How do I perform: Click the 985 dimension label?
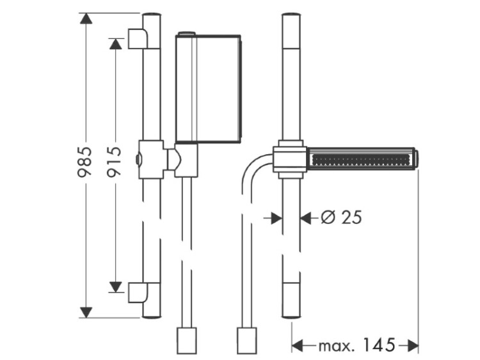click(84, 162)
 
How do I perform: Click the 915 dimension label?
click(114, 162)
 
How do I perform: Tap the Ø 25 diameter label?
click(341, 217)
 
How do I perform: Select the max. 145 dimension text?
click(357, 345)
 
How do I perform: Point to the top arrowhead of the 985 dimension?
click(86, 19)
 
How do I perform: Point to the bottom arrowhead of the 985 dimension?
click(86, 312)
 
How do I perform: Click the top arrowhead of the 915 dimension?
click(115, 43)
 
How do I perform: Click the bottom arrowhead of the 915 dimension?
click(115, 287)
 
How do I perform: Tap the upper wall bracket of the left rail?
click(138, 38)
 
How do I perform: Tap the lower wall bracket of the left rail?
click(138, 292)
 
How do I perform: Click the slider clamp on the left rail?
click(151, 159)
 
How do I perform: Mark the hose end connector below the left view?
click(187, 341)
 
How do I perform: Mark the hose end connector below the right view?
click(247, 341)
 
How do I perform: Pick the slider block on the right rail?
click(290, 159)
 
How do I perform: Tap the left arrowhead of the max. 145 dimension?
click(297, 346)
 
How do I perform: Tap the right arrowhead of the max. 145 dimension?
click(413, 346)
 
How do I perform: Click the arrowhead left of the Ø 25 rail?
click(276, 218)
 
